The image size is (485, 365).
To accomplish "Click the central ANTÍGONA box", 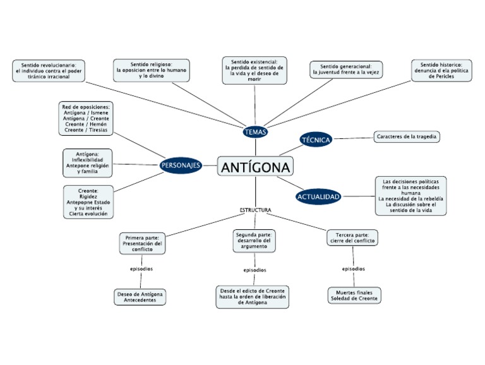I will (x=255, y=167).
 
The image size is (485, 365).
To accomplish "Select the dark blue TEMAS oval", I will (x=255, y=132).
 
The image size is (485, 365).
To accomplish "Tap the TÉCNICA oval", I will (x=316, y=140).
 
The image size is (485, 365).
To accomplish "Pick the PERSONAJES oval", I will (x=181, y=165).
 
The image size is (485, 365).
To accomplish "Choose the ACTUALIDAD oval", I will (x=318, y=196).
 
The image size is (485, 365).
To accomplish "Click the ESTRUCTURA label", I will (x=255, y=210).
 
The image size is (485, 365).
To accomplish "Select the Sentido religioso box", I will (x=151, y=69).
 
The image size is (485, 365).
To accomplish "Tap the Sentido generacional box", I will (x=346, y=69).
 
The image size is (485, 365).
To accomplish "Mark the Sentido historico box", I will (x=441, y=69).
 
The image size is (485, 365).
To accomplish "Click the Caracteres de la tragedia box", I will (x=407, y=136).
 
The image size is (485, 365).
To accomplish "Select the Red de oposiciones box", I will (x=87, y=118).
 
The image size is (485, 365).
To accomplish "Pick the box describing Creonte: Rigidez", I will (x=88, y=201).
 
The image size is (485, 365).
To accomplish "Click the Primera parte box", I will (x=142, y=243).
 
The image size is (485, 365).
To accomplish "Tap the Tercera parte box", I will (x=352, y=237).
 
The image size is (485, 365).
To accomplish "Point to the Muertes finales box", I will (x=354, y=295).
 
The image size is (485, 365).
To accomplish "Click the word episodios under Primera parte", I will (x=141, y=269).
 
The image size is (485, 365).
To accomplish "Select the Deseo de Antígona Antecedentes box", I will (x=141, y=297).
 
